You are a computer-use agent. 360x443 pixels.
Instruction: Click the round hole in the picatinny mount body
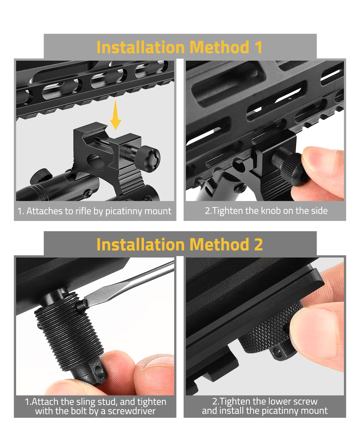[96, 163]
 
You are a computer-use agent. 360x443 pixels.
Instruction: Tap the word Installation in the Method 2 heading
[141, 244]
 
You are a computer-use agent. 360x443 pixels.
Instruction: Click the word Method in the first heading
[219, 47]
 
